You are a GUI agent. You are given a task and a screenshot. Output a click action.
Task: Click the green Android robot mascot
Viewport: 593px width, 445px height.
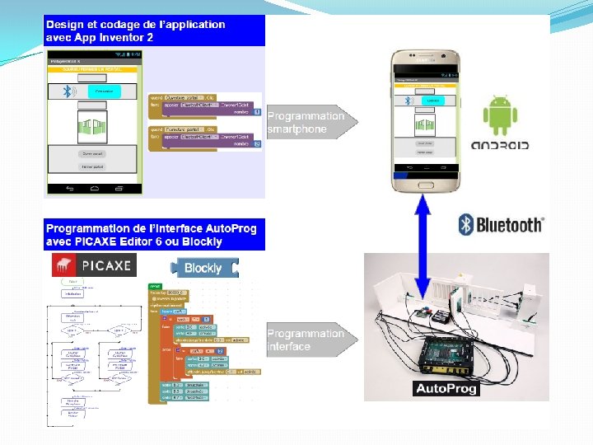499,115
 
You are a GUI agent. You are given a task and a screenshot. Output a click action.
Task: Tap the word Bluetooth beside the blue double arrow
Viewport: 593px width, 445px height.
510,224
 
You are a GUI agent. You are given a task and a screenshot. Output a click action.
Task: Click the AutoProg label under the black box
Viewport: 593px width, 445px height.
446,388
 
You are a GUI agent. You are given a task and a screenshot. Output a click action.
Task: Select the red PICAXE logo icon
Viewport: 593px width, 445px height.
62,265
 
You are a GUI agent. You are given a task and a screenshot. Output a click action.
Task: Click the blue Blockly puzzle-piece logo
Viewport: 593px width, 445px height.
203,268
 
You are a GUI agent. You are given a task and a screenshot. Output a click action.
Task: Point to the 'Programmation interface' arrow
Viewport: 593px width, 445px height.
311,340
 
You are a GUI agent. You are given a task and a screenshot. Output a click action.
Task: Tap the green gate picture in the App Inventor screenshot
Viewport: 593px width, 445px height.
91,125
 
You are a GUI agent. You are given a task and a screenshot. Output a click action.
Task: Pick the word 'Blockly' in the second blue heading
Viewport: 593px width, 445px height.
203,241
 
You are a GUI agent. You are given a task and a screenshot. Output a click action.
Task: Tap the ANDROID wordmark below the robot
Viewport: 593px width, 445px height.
499,145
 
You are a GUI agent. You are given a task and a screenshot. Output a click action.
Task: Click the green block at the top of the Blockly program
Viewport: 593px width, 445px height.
156,285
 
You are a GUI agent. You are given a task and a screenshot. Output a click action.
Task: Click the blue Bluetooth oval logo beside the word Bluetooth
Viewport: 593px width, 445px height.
465,224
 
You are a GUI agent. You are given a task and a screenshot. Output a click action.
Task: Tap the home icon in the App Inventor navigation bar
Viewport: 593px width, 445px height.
93,189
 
